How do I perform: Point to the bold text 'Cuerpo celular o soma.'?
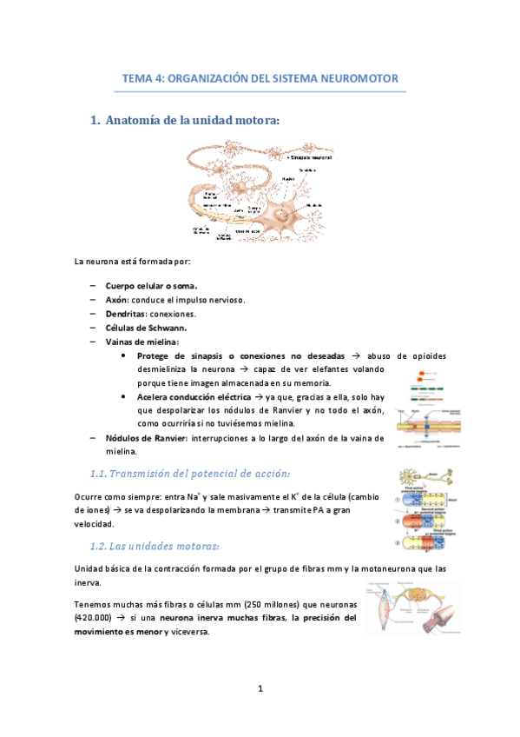click(151, 285)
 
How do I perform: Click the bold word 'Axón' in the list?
click(117, 299)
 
